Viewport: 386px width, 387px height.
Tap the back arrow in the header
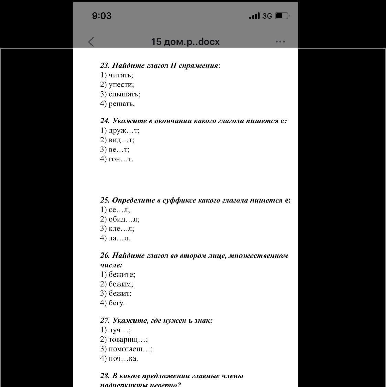91,42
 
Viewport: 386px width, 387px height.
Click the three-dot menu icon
280,42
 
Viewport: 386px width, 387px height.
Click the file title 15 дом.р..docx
185,42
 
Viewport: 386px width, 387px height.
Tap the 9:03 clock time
102,16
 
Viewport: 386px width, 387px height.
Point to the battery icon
282,16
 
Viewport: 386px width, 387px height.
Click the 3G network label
267,16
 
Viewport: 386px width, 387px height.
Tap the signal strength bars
255,16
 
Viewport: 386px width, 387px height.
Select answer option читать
120,75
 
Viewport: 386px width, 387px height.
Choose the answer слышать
124,94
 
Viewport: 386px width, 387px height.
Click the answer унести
121,85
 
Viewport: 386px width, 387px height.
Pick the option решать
121,104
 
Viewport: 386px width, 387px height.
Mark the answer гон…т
120,159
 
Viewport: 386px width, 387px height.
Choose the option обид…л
124,219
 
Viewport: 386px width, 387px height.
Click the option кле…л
121,229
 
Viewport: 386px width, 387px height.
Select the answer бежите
121,275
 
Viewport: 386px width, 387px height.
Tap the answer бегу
116,303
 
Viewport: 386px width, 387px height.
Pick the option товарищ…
128,340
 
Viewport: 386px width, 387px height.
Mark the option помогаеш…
130,349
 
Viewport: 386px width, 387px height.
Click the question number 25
105,200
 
